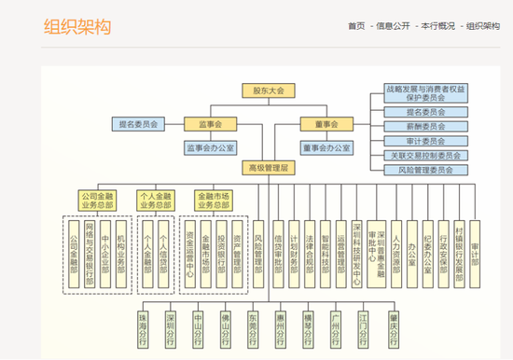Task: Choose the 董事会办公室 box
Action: [326, 146]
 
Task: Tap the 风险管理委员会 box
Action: [425, 170]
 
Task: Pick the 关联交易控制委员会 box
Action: [425, 155]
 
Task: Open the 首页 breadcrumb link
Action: [355, 26]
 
